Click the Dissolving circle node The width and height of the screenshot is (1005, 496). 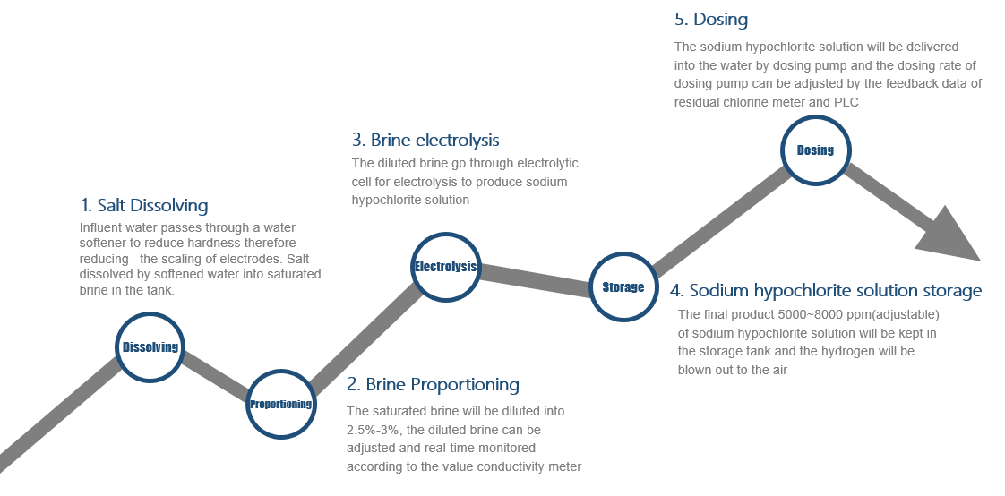pyautogui.click(x=150, y=347)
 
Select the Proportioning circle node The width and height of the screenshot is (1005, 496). pyautogui.click(x=280, y=405)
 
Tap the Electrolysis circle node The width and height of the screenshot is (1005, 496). pyautogui.click(x=445, y=267)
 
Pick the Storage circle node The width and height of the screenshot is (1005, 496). pyautogui.click(x=623, y=287)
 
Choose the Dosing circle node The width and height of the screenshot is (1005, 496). pyautogui.click(x=815, y=150)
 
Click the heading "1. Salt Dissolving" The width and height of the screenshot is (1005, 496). pyautogui.click(x=144, y=205)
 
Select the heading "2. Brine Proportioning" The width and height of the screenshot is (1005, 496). pyautogui.click(x=433, y=384)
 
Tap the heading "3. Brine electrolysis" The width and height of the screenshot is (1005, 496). pyautogui.click(x=425, y=140)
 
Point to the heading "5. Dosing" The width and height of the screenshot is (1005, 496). pyautogui.click(x=711, y=19)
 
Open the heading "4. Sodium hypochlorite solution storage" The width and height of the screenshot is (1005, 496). pyautogui.click(x=826, y=291)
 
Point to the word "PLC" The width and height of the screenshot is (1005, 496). pyautogui.click(x=846, y=102)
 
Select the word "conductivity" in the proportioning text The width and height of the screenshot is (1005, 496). pyautogui.click(x=509, y=466)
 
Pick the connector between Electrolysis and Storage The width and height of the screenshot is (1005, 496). pyautogui.click(x=535, y=278)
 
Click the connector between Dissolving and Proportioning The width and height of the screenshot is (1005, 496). pyautogui.click(x=215, y=376)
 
